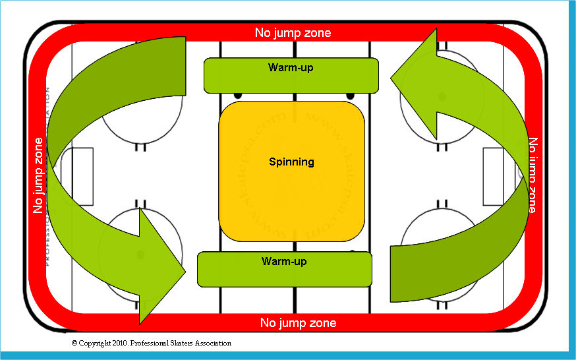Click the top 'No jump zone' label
point(293,32)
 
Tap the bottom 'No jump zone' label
point(298,322)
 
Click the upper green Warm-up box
point(291,75)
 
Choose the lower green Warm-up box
point(285,269)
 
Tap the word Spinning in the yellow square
point(291,162)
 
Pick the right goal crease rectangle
point(494,176)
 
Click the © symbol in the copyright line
point(74,344)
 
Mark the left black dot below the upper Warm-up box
point(237,96)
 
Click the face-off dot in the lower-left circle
point(140,254)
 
